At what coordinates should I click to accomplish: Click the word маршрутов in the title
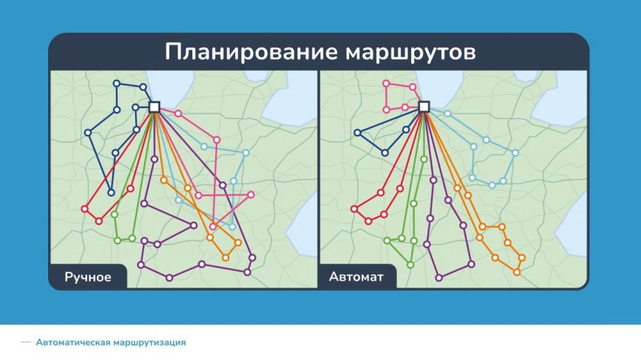tap(411, 53)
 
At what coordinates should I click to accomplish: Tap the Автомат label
tap(357, 276)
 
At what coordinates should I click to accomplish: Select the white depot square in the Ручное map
tap(154, 107)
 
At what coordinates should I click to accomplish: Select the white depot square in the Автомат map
tap(424, 107)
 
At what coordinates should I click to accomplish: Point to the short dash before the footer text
tap(26, 342)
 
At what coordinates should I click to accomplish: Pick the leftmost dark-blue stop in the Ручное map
tap(88, 133)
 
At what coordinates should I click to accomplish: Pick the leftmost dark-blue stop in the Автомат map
tap(359, 133)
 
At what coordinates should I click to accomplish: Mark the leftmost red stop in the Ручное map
tap(84, 210)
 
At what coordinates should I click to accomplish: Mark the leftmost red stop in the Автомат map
tap(354, 209)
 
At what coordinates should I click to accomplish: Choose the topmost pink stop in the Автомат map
tap(386, 83)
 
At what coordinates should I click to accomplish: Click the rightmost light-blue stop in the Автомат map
tap(515, 153)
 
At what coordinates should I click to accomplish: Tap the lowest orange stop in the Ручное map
tap(226, 258)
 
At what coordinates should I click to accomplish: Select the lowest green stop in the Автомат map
tap(410, 265)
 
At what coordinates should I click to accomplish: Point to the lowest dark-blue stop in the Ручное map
tap(111, 193)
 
